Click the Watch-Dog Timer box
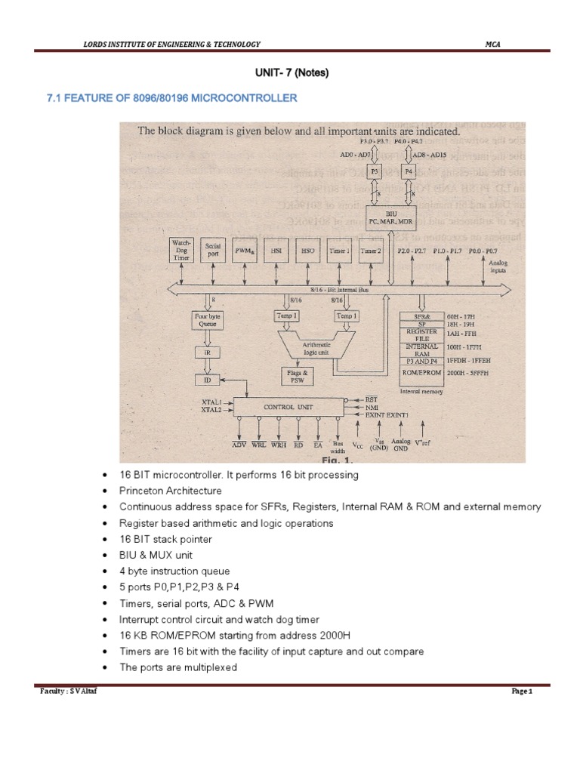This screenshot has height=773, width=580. click(x=184, y=251)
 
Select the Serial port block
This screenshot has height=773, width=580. click(x=214, y=251)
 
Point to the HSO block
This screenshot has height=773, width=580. click(x=308, y=249)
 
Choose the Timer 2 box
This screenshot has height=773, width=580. click(x=371, y=249)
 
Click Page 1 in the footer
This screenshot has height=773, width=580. click(x=522, y=691)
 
